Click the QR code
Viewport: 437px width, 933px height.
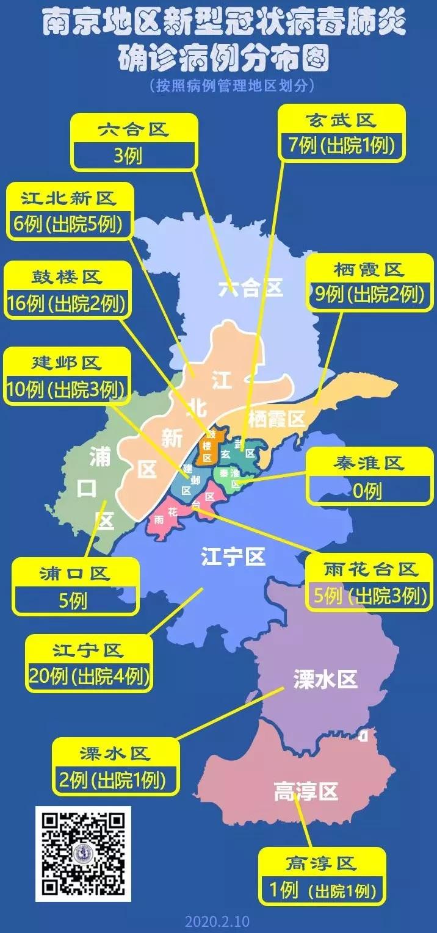point(83,854)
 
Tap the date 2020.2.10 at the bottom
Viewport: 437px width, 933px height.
point(217,921)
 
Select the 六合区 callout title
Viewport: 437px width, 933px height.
point(134,129)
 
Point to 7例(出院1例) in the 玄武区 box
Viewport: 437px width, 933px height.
point(341,145)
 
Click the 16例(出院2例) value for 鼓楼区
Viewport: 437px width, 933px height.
point(67,303)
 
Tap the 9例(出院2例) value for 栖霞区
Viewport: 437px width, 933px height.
point(368,295)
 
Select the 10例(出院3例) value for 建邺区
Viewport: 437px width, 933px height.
point(67,389)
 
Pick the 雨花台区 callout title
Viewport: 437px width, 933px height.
point(371,570)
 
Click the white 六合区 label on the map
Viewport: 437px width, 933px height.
point(251,287)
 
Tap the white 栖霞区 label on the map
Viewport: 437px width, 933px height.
point(276,419)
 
